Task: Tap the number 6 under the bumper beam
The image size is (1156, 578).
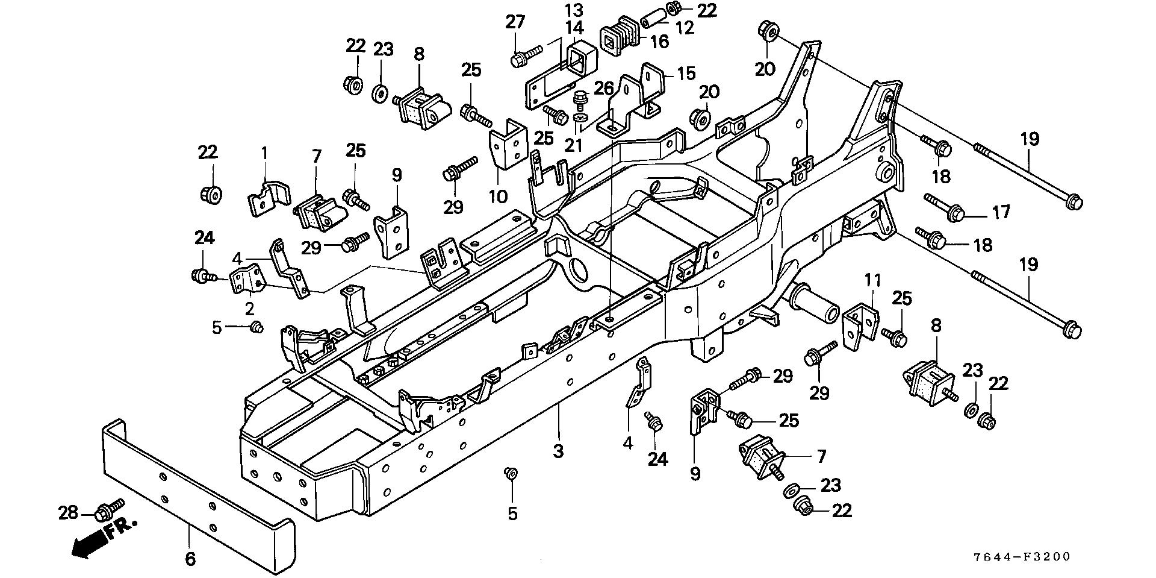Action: (x=190, y=559)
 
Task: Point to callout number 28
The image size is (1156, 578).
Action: (x=68, y=513)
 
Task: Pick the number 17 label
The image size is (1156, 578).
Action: (x=1001, y=212)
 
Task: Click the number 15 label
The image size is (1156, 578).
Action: (x=686, y=74)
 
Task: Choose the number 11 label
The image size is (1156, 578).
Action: (x=873, y=280)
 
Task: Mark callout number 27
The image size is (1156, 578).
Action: (x=515, y=22)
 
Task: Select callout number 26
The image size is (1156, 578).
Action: (x=603, y=89)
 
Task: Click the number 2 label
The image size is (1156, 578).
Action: (x=249, y=309)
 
